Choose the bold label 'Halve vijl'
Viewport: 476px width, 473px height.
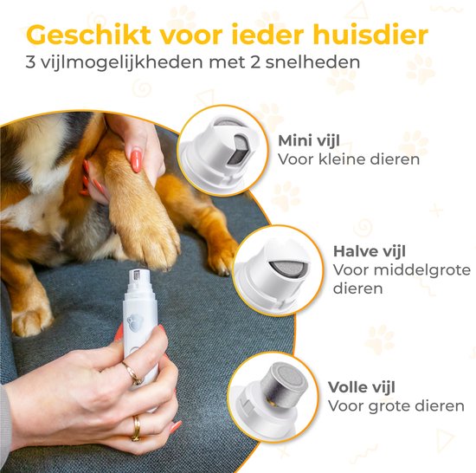tap(370, 251)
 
